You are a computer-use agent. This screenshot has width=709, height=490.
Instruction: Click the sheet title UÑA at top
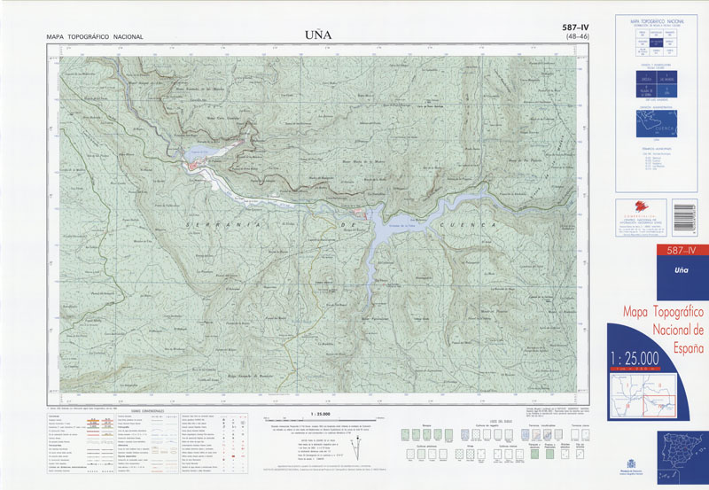pyautogui.click(x=317, y=35)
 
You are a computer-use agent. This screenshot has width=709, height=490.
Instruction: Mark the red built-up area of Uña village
pyautogui.click(x=197, y=166)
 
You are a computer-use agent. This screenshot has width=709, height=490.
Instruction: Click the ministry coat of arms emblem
pyautogui.click(x=631, y=463)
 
